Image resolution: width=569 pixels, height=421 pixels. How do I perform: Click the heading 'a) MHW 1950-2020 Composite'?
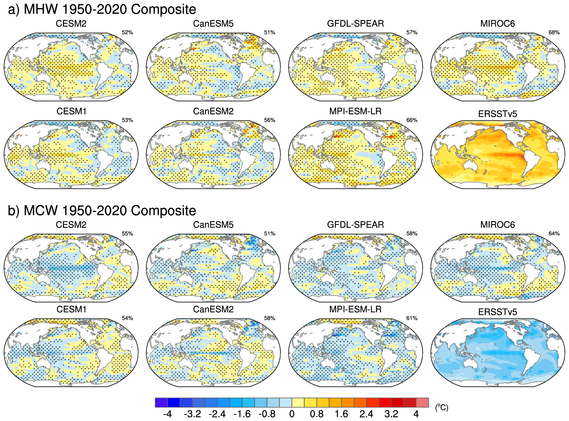point(102,9)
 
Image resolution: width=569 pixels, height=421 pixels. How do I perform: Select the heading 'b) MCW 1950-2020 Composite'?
point(102,211)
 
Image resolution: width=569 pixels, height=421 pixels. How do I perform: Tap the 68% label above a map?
point(554,32)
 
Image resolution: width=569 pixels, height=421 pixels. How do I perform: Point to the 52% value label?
point(127,32)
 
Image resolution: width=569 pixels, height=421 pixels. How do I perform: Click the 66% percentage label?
point(412,120)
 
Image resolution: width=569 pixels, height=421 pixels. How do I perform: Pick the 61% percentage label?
point(412,318)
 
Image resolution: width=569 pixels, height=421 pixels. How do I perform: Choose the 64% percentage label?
point(554,233)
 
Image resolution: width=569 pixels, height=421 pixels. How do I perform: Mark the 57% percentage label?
point(412,32)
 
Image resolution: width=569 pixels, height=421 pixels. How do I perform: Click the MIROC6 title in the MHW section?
point(497,24)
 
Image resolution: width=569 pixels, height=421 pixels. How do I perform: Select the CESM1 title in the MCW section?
point(71,309)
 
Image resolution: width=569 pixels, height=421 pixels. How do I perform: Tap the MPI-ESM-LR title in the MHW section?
point(355,111)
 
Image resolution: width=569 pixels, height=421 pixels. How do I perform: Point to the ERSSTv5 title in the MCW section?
point(497,312)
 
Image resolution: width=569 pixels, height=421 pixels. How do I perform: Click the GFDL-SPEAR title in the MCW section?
point(355,225)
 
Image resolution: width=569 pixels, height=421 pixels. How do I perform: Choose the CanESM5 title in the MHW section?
point(213,24)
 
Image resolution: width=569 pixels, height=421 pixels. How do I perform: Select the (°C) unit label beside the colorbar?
point(442,407)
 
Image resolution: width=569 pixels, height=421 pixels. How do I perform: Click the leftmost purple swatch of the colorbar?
point(161,402)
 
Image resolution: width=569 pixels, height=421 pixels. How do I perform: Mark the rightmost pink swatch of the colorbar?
point(422,402)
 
